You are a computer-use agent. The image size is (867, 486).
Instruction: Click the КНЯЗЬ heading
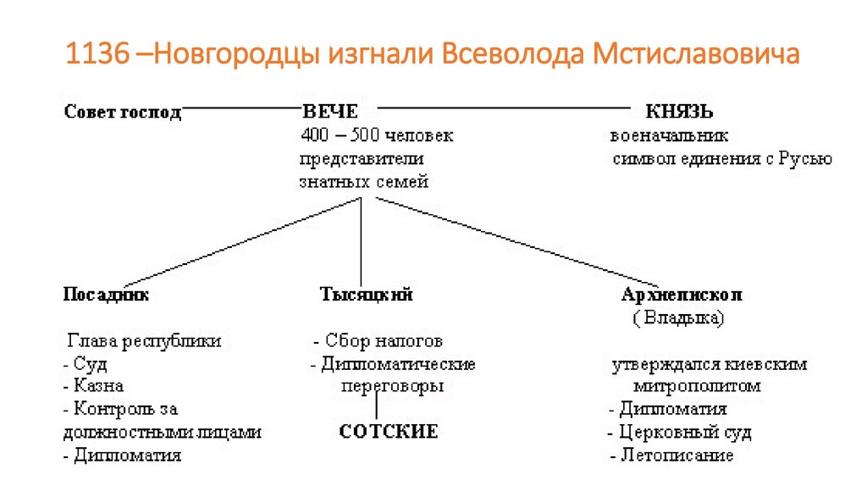(679, 112)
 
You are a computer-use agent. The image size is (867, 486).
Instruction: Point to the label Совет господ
(123, 112)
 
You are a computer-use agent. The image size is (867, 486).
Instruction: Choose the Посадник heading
(106, 295)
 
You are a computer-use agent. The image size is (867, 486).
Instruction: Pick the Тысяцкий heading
(366, 295)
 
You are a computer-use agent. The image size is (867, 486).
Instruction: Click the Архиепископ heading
(682, 295)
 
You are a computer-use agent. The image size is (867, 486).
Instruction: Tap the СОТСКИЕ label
(389, 432)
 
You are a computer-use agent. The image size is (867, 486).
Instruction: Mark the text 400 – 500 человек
(377, 135)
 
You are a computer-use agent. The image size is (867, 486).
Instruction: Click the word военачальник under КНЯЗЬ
(669, 135)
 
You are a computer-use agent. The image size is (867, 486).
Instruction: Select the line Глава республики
(144, 341)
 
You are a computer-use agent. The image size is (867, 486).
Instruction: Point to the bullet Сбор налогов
(378, 341)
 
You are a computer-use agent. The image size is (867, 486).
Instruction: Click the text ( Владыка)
(677, 318)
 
